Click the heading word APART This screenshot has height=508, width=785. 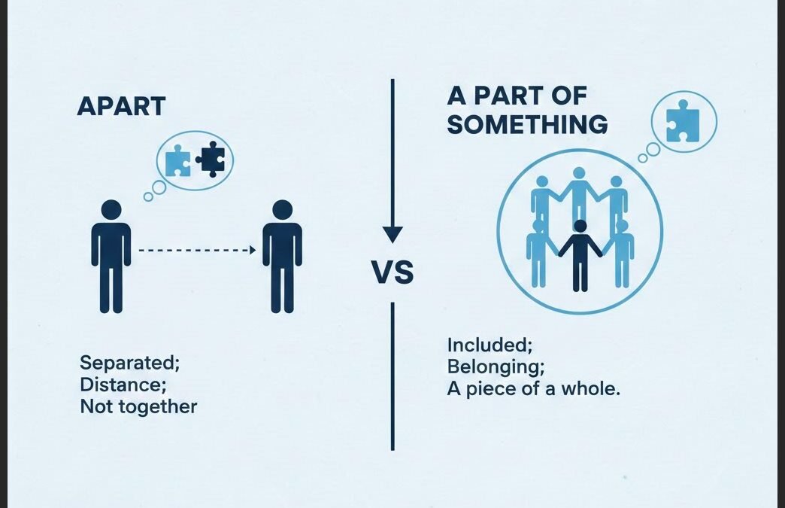[121, 106]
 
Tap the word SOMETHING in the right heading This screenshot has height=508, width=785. [527, 125]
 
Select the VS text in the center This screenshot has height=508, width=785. [393, 272]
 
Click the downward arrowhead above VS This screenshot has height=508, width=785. [392, 233]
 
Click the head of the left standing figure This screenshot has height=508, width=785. [111, 209]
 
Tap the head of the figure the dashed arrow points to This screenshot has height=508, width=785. [282, 209]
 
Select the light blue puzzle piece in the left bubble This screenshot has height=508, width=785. [178, 160]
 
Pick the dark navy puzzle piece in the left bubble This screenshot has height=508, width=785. [211, 158]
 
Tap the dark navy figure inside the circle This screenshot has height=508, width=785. [580, 256]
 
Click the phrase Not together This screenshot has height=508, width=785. [138, 407]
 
